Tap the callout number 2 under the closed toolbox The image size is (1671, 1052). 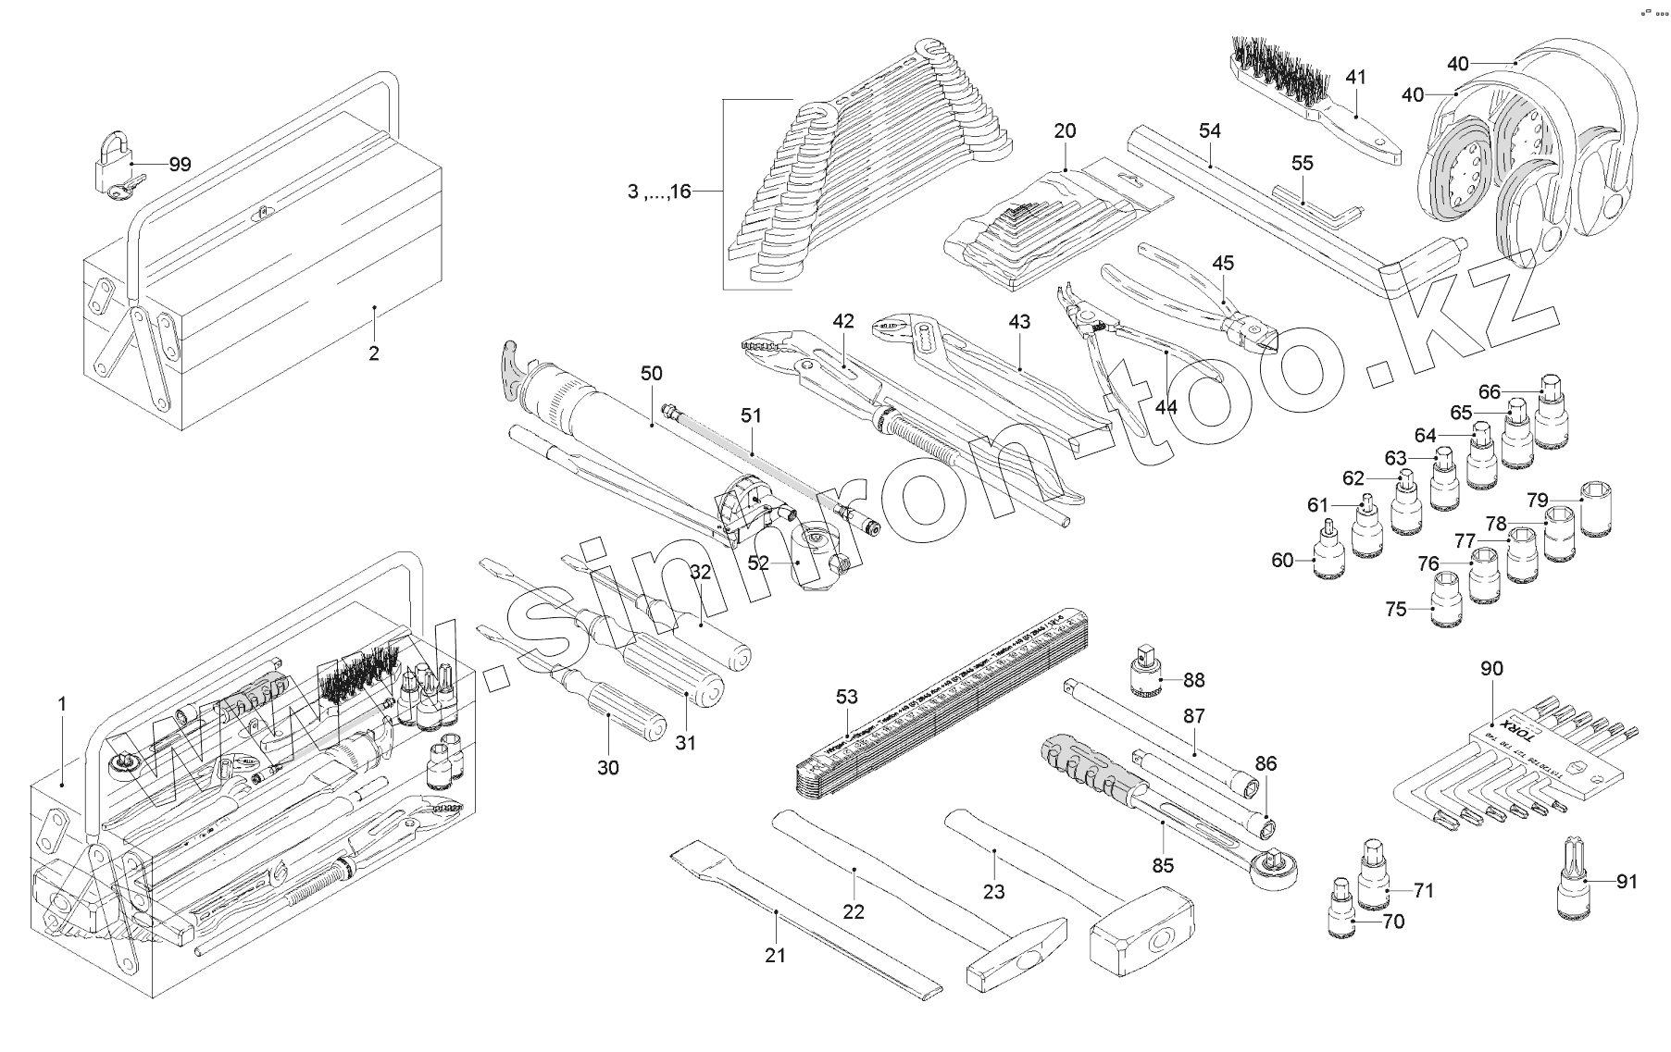(373, 353)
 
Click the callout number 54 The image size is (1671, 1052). (1209, 131)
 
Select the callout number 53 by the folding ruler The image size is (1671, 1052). (847, 697)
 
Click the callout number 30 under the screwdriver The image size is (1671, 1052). (607, 767)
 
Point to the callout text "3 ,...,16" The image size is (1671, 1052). (658, 192)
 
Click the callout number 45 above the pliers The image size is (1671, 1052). (1223, 264)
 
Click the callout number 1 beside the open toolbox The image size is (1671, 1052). (62, 704)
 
